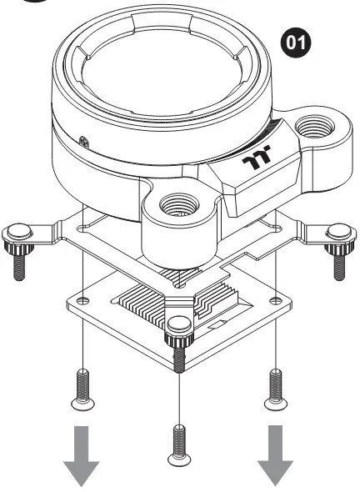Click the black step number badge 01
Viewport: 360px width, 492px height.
pyautogui.click(x=296, y=43)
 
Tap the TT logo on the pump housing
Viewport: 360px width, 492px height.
pyautogui.click(x=257, y=158)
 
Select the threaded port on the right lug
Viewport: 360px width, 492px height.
pyautogui.click(x=314, y=127)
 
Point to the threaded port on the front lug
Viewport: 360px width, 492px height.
pyautogui.click(x=179, y=206)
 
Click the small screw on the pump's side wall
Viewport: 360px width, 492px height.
pyautogui.click(x=83, y=142)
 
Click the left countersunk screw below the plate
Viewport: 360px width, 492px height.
pyautogui.click(x=82, y=389)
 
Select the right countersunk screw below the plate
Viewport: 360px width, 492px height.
pyautogui.click(x=276, y=389)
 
